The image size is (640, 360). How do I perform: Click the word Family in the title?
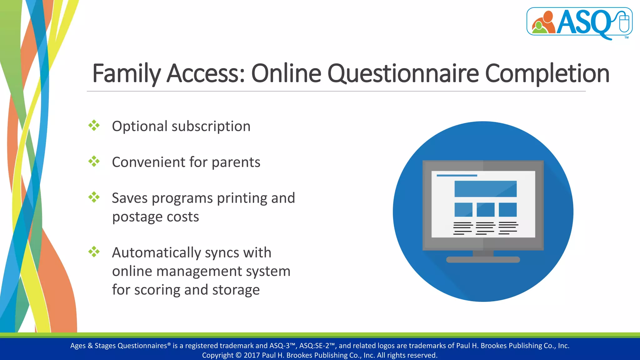pyautogui.click(x=126, y=74)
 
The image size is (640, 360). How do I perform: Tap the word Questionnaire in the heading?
pyautogui.click(x=403, y=74)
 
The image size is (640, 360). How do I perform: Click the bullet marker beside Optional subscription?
pyautogui.click(x=94, y=126)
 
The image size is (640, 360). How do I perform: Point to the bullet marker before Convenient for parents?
pyautogui.click(x=94, y=162)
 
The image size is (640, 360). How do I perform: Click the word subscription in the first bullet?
pyautogui.click(x=211, y=127)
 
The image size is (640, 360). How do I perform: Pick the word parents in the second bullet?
pyautogui.click(x=236, y=162)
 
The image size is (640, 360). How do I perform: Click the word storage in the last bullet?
pyautogui.click(x=236, y=290)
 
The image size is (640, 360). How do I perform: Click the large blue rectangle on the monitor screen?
pyautogui.click(x=485, y=189)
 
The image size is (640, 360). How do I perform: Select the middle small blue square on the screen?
pyautogui.click(x=485, y=210)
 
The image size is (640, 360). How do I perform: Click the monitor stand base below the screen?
pyautogui.click(x=483, y=260)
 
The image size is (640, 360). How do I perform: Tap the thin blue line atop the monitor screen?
pyautogui.click(x=457, y=176)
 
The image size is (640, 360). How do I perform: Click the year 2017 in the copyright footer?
pyautogui.click(x=252, y=355)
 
